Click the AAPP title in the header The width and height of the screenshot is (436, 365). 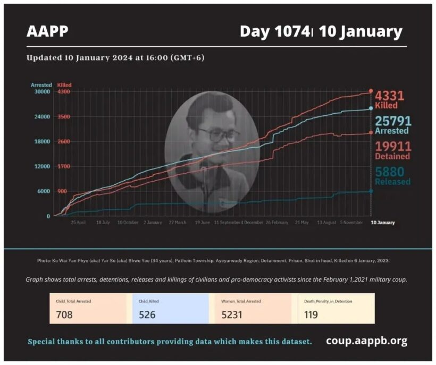[47, 31]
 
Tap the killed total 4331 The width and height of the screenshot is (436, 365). [390, 96]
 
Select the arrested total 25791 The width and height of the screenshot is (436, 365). [393, 121]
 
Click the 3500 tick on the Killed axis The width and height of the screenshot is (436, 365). [63, 116]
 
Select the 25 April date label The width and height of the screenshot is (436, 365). [78, 223]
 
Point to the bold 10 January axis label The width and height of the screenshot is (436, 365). [383, 223]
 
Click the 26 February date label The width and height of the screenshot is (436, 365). [276, 223]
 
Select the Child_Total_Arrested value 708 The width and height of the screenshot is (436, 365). [64, 315]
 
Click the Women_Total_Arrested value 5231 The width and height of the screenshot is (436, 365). [232, 315]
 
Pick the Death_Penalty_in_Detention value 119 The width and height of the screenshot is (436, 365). [312, 315]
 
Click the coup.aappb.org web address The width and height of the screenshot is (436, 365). [366, 341]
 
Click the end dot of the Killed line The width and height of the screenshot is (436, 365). [371, 91]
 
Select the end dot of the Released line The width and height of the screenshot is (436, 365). [371, 191]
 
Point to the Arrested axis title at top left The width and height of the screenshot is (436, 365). [41, 84]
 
